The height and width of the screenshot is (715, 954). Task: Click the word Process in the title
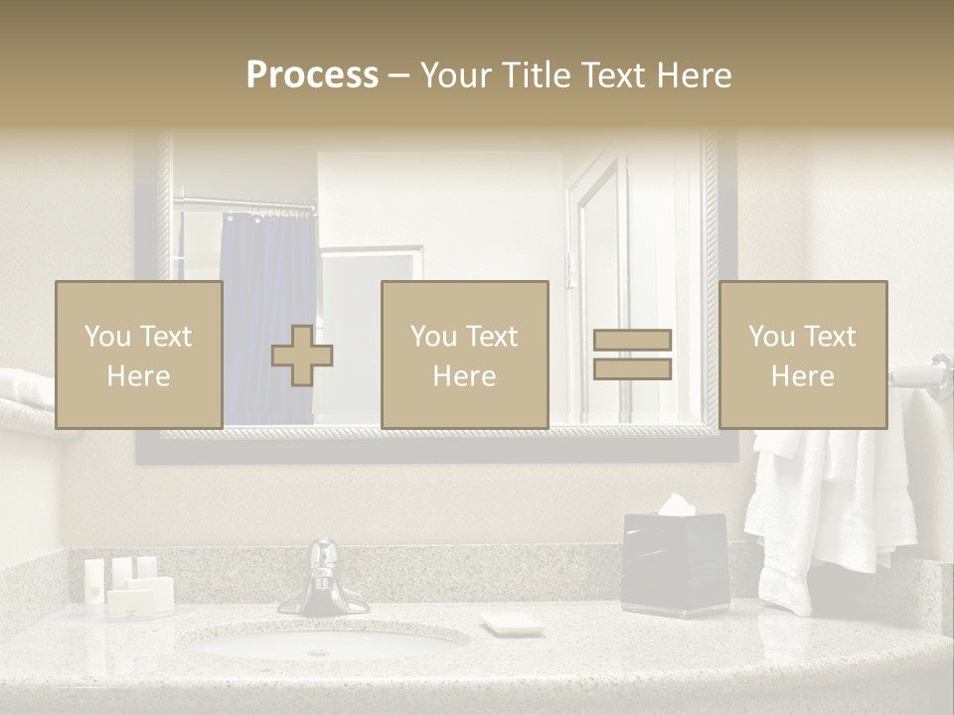[312, 75]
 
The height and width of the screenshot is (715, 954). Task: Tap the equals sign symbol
[632, 355]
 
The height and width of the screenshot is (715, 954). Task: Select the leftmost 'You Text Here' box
[138, 355]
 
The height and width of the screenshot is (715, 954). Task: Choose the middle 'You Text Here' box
[464, 355]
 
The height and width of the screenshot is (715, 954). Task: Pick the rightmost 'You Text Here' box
[802, 355]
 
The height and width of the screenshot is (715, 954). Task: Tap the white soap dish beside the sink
[512, 624]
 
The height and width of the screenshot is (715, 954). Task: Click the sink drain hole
[318, 652]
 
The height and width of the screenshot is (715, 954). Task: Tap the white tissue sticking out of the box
[676, 504]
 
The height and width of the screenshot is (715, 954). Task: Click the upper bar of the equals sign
[632, 341]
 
